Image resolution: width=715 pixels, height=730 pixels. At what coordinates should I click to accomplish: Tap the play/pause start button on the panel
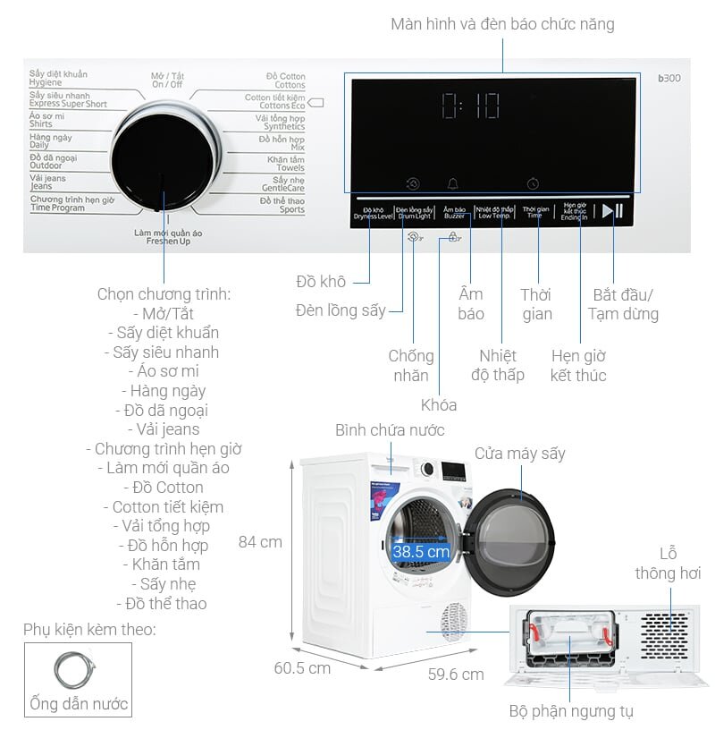click(612, 211)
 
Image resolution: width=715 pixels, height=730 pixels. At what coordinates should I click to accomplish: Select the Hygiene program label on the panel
click(58, 78)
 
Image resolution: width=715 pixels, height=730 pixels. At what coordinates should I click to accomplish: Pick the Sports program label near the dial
click(282, 206)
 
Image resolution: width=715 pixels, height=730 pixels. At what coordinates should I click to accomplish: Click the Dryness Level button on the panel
click(372, 212)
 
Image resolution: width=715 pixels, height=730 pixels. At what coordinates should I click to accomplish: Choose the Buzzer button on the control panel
click(454, 212)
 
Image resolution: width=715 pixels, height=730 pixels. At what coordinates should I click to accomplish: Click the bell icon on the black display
click(453, 183)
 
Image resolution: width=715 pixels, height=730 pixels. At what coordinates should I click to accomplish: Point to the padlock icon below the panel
click(454, 238)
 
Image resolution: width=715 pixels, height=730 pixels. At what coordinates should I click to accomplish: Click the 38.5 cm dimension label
click(421, 552)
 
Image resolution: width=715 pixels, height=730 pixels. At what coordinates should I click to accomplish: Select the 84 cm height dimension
click(260, 541)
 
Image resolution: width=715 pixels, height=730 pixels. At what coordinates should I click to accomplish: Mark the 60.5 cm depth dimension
click(302, 667)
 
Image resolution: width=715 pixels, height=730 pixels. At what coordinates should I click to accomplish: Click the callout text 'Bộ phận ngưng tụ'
click(571, 712)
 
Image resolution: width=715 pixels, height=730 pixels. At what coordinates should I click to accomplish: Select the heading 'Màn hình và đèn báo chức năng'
click(502, 24)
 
